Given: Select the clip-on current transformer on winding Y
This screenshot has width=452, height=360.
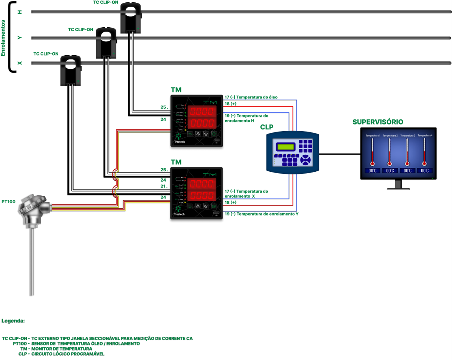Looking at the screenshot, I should click(x=106, y=43).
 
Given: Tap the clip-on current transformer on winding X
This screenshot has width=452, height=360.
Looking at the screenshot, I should click(x=71, y=70).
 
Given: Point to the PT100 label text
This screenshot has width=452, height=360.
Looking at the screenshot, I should click(x=8, y=202).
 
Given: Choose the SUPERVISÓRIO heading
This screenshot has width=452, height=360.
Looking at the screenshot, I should click(x=378, y=122).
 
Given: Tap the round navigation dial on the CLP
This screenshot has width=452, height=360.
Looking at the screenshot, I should click(x=306, y=160).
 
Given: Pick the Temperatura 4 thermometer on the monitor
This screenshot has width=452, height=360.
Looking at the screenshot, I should click(x=424, y=152).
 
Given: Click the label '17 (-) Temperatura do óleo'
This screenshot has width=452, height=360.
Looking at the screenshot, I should click(x=251, y=97).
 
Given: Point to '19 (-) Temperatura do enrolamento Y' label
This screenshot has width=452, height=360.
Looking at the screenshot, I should click(x=261, y=213).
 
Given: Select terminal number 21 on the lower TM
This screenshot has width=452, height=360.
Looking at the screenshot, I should click(x=163, y=186).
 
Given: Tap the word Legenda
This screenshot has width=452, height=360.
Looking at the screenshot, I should click(x=13, y=321).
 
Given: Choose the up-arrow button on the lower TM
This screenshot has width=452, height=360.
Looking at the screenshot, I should click(x=198, y=206).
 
